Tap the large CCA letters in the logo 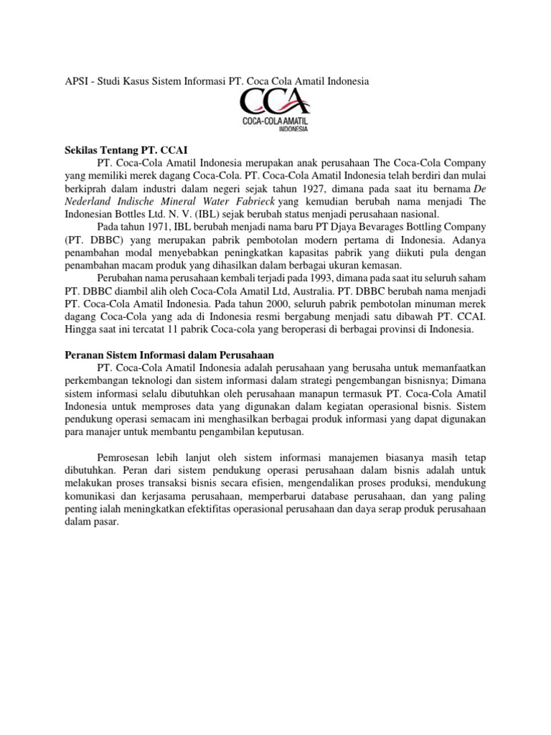point(275,103)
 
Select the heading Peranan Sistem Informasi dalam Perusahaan point(169,355)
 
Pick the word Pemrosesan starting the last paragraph point(122,458)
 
